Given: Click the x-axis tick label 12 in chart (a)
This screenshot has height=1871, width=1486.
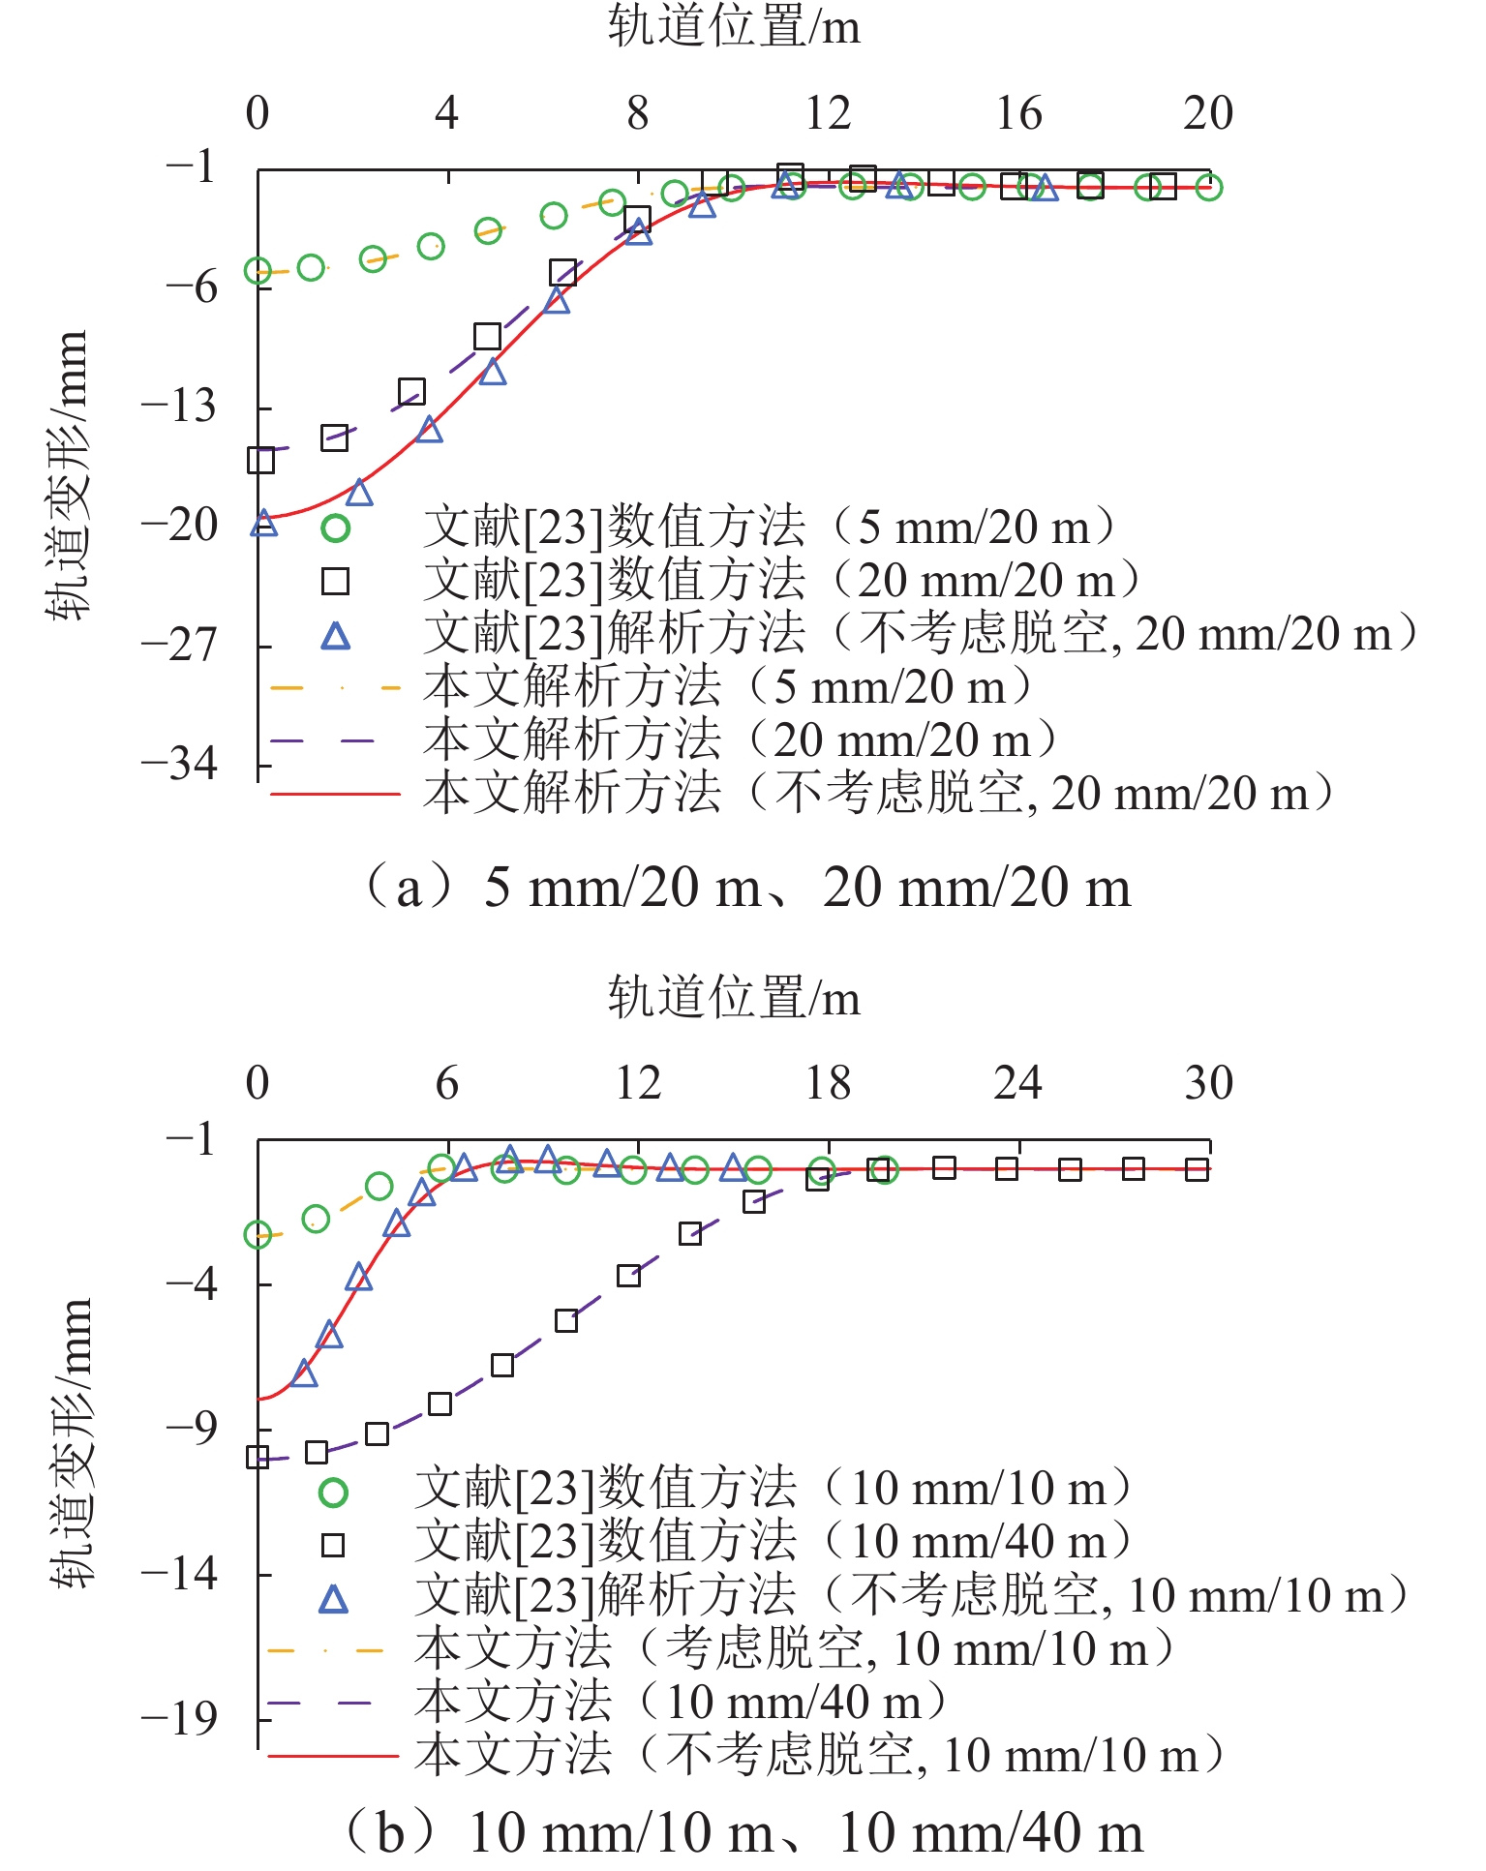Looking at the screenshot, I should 828,113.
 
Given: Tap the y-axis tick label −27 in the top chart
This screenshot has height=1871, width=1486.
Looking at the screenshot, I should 180,645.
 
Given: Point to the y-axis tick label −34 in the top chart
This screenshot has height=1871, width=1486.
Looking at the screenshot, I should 180,765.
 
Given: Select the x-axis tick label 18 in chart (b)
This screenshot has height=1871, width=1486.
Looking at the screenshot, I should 828,1083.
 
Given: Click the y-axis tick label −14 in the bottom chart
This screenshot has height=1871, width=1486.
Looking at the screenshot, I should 180,1573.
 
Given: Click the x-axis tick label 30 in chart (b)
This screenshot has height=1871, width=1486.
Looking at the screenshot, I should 1208,1083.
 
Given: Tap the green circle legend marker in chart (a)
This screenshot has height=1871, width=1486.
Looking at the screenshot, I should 335,528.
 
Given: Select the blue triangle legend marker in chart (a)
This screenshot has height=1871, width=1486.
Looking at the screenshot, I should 335,636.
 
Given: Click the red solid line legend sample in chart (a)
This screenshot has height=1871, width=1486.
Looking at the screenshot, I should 335,794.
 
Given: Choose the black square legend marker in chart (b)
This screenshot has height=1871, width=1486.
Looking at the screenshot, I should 333,1545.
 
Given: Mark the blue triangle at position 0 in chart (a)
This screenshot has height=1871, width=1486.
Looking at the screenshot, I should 263,524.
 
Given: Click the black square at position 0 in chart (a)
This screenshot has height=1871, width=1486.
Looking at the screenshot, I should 260,460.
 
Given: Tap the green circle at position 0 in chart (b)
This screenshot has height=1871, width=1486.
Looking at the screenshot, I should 258,1234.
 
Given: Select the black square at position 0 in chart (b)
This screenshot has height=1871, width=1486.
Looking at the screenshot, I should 258,1457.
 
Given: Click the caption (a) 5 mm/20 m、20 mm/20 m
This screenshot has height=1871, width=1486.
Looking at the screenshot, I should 745,887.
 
